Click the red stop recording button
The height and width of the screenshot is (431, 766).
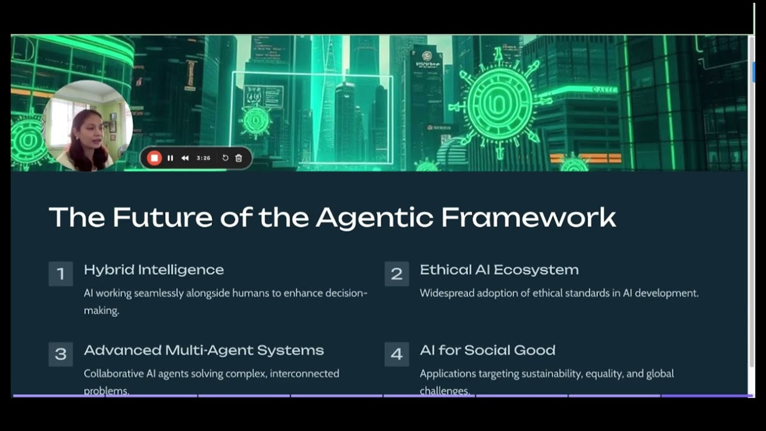coord(154,158)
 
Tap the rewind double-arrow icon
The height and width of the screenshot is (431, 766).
coord(185,158)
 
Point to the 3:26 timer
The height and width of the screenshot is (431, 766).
coord(203,158)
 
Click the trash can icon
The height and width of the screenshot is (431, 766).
coord(239,158)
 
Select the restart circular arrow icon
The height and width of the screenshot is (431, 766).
coord(225,158)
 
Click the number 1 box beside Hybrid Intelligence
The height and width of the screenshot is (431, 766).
coord(60,274)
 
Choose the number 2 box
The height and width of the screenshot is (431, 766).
coord(396,274)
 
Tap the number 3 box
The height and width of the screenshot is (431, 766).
coord(60,354)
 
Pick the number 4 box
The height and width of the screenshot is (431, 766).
coord(396,354)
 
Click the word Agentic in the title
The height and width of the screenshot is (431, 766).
coord(374,217)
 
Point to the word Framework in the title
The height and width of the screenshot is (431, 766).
coord(528,217)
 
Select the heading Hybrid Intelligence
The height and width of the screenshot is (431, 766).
coord(154,270)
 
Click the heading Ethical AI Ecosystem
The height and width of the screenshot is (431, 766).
coord(499,270)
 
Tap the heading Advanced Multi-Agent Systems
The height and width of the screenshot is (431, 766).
coord(203,350)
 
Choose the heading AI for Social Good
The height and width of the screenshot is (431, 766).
coord(487,350)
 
